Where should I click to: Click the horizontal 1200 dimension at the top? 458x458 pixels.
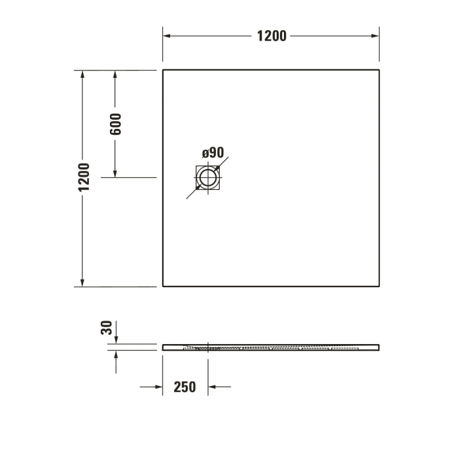(271, 36)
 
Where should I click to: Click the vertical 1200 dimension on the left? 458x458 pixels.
(83, 178)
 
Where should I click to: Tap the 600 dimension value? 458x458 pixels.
(116, 124)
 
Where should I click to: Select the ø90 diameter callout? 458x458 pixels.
(213, 153)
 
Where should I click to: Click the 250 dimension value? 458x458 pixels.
(185, 387)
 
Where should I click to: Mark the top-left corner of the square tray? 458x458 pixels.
(163, 69)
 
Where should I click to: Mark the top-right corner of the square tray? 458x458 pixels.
(379, 69)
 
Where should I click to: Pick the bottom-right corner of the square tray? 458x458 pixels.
(379, 286)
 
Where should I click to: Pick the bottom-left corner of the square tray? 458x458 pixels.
(163, 286)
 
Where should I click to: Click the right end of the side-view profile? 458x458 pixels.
(379, 346)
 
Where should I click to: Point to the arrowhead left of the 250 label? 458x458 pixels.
(158, 387)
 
